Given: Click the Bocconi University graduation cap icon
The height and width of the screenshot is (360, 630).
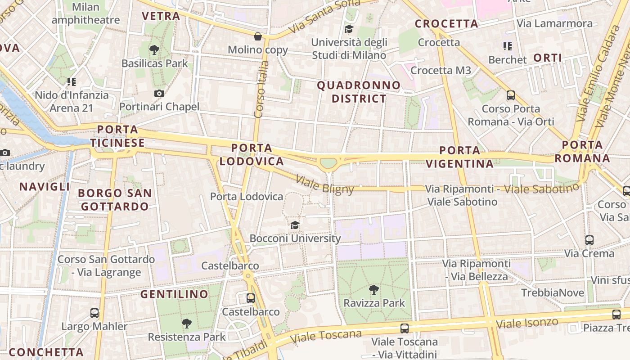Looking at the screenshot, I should click(x=295, y=225).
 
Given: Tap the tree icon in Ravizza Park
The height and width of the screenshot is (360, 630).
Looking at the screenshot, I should click(x=373, y=289).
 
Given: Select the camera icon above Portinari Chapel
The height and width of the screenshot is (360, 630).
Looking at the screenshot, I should click(x=159, y=93).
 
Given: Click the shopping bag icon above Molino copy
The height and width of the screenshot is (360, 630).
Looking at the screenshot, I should click(x=258, y=36).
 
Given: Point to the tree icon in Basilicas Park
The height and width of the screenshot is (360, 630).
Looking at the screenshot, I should click(x=154, y=49).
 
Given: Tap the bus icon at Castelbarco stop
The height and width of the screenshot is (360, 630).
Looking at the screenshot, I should click(x=251, y=298).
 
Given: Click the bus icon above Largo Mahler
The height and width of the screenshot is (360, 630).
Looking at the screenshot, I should click(x=94, y=313).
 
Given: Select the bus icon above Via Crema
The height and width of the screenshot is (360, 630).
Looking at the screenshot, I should click(x=589, y=240).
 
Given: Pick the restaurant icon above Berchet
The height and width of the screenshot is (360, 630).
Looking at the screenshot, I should click(x=508, y=46).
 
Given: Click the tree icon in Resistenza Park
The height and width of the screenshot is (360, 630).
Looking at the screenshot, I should click(x=187, y=323).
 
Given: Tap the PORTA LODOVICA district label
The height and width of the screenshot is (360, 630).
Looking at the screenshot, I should click(x=252, y=154).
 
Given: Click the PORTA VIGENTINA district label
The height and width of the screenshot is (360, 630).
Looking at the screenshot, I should click(x=460, y=157).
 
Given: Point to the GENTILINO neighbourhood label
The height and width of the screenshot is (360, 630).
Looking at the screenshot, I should click(x=174, y=294).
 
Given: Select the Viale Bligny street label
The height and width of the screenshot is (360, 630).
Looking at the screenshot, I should click(x=325, y=184).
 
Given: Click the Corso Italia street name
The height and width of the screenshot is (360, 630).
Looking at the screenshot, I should click(x=261, y=89).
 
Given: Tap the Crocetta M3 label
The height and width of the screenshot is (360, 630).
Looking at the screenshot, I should click(x=441, y=70).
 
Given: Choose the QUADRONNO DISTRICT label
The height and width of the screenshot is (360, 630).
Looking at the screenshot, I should click(x=359, y=92).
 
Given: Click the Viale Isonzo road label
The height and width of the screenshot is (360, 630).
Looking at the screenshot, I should click(x=527, y=323).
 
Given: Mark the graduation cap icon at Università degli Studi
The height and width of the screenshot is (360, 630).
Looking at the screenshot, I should click(x=349, y=29).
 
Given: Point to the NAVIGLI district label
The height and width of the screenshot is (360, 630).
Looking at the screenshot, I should click(x=45, y=186).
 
